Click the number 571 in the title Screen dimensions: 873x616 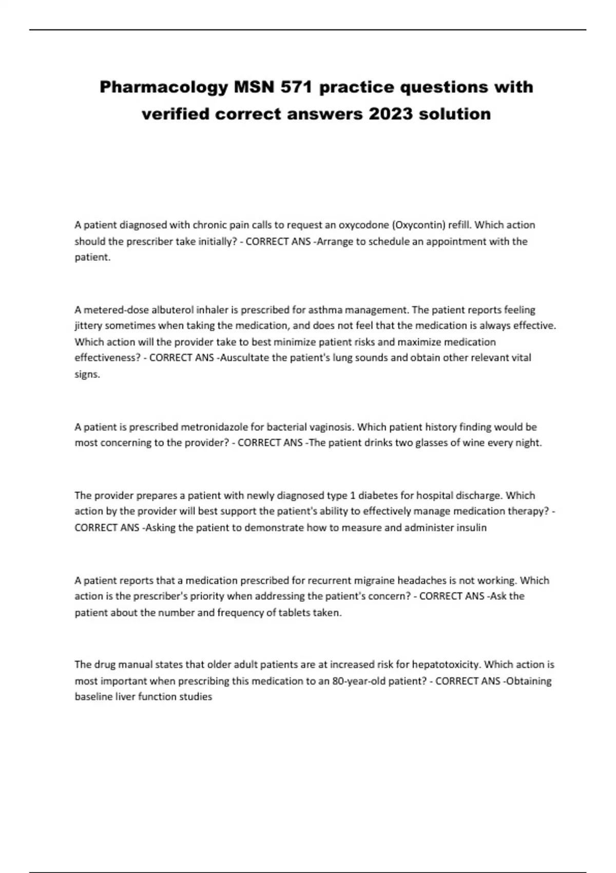(297, 87)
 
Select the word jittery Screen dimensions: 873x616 (88, 326)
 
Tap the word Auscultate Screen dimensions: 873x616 (244, 357)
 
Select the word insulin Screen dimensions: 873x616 (471, 527)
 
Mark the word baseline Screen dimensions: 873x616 (93, 697)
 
